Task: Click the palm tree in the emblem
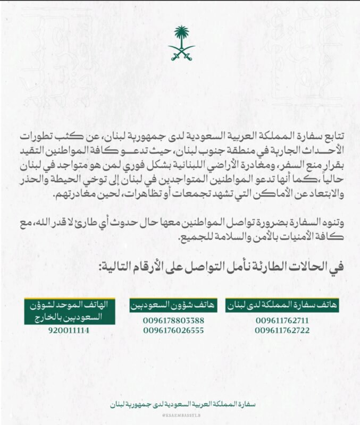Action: pos(182,36)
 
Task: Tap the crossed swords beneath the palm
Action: pos(182,53)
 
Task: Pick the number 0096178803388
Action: pos(173,320)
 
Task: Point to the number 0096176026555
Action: pos(173,330)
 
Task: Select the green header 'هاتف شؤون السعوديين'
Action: pos(173,305)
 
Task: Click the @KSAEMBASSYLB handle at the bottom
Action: pos(180,415)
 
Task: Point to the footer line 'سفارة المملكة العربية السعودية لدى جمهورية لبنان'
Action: pos(180,404)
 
